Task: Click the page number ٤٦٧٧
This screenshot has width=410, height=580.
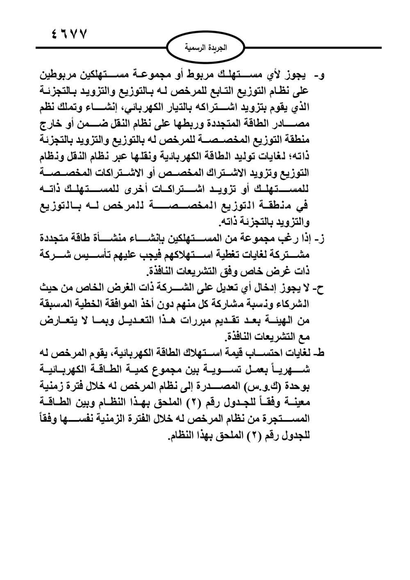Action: [69, 34]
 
